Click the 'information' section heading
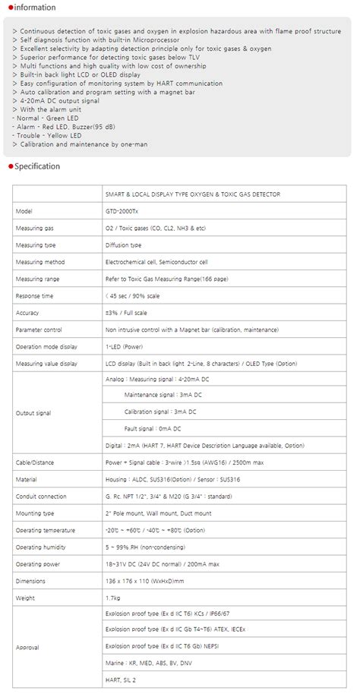tap(33, 8)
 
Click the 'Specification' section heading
tap(36, 166)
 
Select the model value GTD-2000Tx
tap(122, 211)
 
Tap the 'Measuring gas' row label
tap(35, 228)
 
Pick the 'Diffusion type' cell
tap(124, 244)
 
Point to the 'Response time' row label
tap(35, 295)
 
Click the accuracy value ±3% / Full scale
tap(126, 312)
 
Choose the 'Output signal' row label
tap(33, 412)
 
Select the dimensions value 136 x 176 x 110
tap(144, 580)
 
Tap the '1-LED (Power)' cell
tap(124, 345)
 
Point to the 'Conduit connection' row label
tap(39, 496)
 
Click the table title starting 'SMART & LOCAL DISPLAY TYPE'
tap(193, 194)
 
